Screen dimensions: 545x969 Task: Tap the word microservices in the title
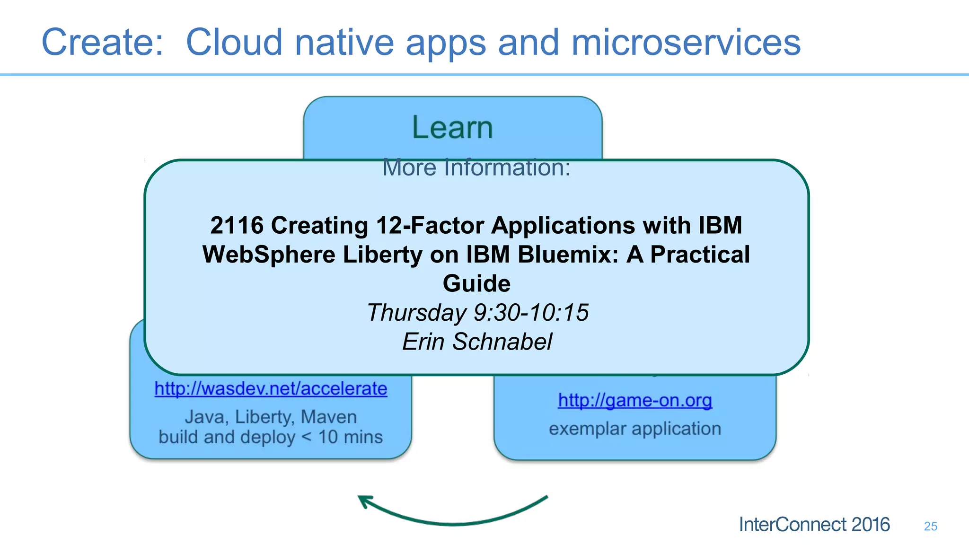pos(686,43)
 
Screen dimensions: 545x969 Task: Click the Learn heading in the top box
pos(452,128)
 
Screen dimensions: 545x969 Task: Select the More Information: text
pos(476,167)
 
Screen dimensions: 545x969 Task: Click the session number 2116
pos(237,226)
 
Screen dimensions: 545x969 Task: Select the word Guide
pos(476,284)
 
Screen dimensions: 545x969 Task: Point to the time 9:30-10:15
pos(531,313)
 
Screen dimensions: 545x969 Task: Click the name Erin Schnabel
pos(477,342)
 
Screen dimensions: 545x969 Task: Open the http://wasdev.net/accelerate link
pos(271,389)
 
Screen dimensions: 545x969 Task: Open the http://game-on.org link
pos(635,401)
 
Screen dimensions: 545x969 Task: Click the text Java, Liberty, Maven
pos(271,417)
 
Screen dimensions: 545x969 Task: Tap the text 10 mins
pos(350,437)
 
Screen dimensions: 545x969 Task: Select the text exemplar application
pos(635,429)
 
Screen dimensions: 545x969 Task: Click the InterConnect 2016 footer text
pos(814,525)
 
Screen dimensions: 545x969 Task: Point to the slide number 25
pos(930,527)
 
